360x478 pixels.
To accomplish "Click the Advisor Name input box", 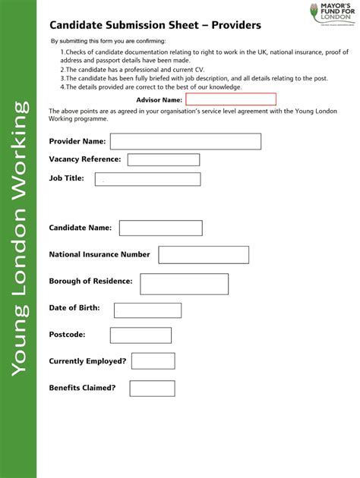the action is tap(231, 99).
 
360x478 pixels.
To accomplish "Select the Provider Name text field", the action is tap(185, 142).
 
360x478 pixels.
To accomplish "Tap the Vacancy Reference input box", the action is tap(163, 160).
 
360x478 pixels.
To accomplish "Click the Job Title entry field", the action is tap(147, 179).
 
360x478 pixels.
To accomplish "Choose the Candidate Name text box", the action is tap(160, 228).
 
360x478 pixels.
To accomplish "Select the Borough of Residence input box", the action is tap(184, 284).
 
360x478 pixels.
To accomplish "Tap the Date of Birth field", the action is tap(147, 310).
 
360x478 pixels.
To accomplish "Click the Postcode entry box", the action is tap(141, 335).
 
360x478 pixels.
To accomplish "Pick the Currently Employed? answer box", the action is tap(153, 361).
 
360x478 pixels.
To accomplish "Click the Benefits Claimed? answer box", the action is tap(152, 388).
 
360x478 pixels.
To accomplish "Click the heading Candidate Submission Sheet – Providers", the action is tap(155, 25).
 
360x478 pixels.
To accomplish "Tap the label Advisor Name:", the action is tap(159, 99).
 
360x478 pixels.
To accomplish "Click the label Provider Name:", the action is tap(77, 141).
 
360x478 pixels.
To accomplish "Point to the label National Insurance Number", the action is tap(99, 254).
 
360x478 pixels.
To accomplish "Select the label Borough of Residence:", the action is tap(90, 281).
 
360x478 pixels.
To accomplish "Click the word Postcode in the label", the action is tap(67, 335).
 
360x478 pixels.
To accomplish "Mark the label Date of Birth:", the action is tap(74, 307).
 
